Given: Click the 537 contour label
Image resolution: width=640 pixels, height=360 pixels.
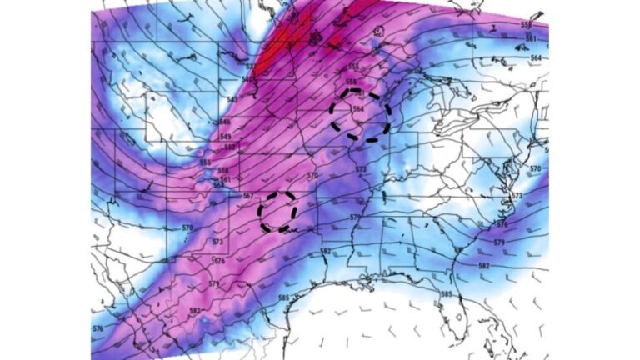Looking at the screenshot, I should (x=250, y=67).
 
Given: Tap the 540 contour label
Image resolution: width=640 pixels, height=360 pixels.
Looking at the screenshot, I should (x=247, y=79).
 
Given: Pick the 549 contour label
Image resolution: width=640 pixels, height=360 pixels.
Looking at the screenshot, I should (x=226, y=137).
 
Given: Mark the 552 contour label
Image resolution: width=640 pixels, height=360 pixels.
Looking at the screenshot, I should (x=205, y=162).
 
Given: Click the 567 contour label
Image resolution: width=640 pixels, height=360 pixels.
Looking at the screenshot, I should (x=247, y=196).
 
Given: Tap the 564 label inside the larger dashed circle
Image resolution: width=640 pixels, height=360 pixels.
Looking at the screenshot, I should (x=358, y=109).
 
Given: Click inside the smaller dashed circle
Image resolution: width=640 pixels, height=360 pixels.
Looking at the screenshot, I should (x=277, y=211).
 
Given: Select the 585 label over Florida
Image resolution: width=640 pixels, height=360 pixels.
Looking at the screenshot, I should (x=446, y=294).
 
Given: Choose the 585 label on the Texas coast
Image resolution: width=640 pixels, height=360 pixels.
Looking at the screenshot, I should (x=283, y=298).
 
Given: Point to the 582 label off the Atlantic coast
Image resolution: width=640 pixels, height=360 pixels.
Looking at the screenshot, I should (x=484, y=266).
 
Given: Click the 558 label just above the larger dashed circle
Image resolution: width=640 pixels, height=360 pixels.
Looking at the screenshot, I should (x=351, y=82).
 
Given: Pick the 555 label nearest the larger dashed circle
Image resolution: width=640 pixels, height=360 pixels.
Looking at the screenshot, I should (x=352, y=67).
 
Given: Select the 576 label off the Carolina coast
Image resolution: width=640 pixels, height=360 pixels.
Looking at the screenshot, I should (x=502, y=224).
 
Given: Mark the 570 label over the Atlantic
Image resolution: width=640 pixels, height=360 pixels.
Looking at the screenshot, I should (x=535, y=169).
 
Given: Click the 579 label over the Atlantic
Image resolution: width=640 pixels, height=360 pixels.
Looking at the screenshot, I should (x=498, y=242).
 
